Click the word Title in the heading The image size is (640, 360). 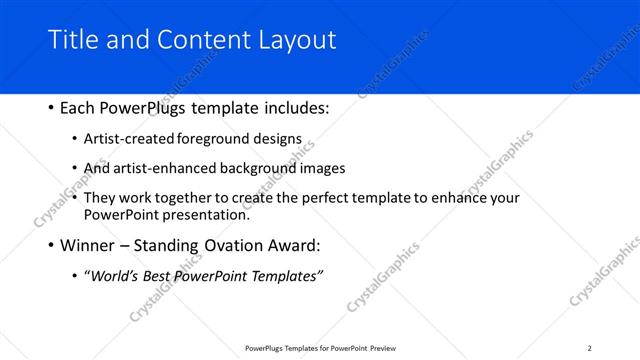click(x=71, y=40)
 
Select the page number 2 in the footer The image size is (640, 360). click(x=589, y=348)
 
